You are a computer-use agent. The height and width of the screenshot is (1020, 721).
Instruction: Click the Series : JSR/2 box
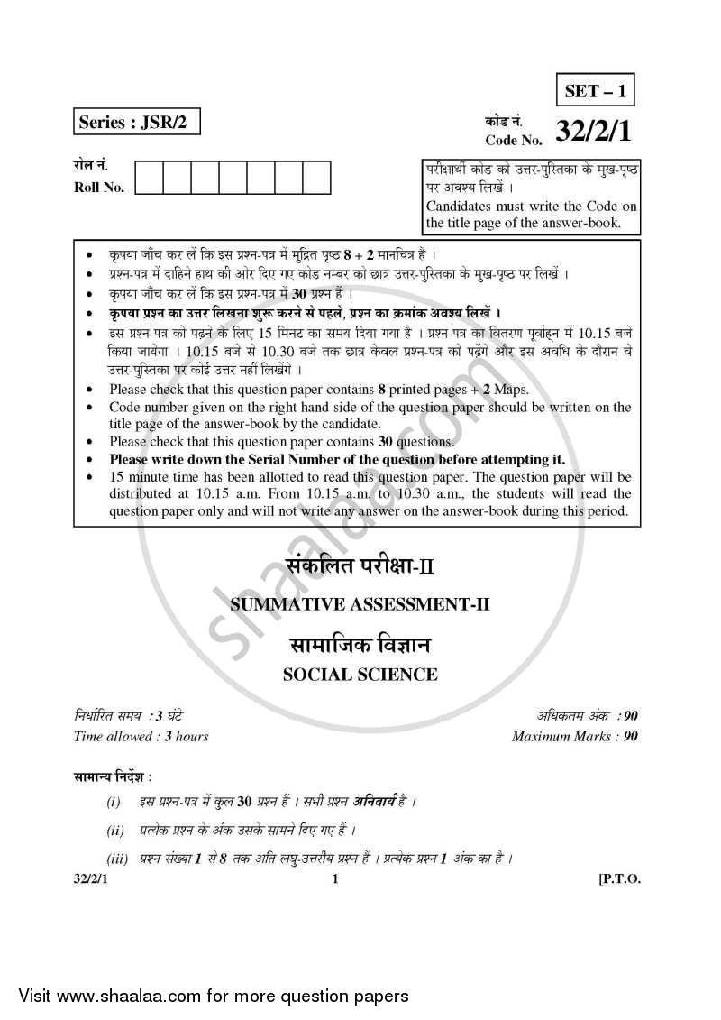click(135, 122)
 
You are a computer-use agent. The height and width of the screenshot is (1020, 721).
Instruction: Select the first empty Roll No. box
click(149, 178)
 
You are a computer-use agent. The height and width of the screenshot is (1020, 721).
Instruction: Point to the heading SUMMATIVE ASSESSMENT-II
click(359, 606)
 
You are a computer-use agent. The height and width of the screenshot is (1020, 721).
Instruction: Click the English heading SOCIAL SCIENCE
click(360, 675)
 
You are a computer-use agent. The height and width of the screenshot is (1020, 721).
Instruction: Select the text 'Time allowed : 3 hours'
click(141, 737)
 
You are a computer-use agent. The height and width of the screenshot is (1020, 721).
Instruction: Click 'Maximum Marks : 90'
click(575, 737)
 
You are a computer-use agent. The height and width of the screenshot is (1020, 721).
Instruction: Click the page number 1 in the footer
click(334, 880)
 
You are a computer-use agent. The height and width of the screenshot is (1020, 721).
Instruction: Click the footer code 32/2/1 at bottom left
click(93, 880)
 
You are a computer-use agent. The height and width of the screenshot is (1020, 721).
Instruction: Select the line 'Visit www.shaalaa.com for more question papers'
click(207, 997)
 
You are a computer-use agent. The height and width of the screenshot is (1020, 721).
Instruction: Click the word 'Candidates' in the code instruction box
click(460, 207)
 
